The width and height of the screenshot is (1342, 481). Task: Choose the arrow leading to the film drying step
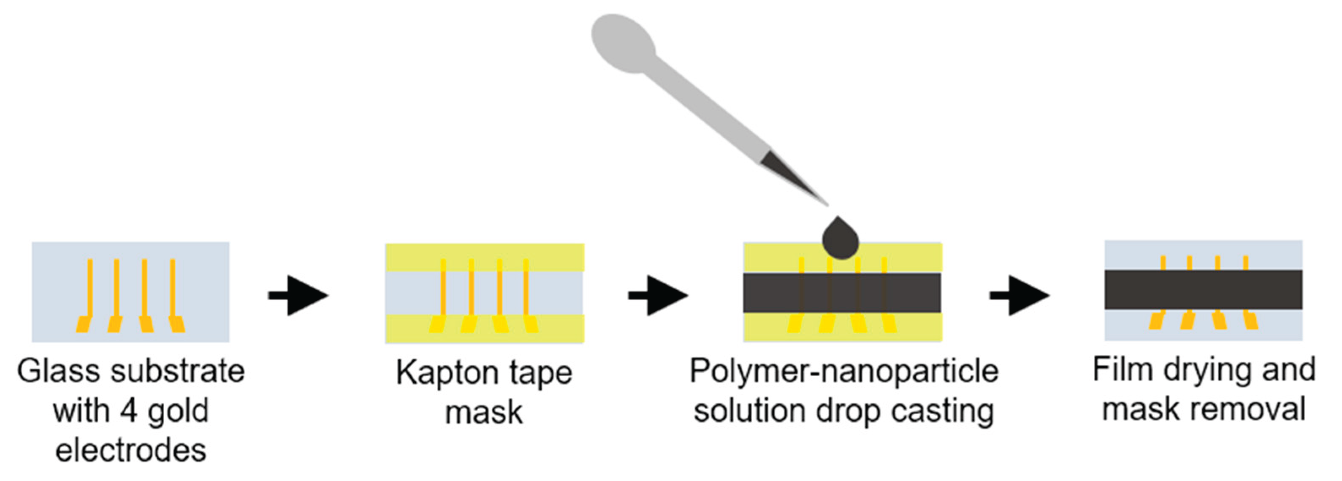pyautogui.click(x=1019, y=296)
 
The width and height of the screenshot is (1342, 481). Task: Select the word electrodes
pyautogui.click(x=131, y=450)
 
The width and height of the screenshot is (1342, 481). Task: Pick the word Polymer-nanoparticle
pyautogui.click(x=843, y=372)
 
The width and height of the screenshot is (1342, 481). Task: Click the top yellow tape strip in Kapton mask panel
pyautogui.click(x=485, y=257)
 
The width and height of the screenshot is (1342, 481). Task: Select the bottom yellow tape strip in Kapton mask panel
pyautogui.click(x=485, y=328)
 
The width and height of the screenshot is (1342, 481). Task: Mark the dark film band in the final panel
pyautogui.click(x=1204, y=289)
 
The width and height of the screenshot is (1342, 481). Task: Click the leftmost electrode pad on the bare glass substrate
pyautogui.click(x=83, y=324)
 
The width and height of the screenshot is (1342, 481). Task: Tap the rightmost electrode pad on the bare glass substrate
pyautogui.click(x=177, y=324)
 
